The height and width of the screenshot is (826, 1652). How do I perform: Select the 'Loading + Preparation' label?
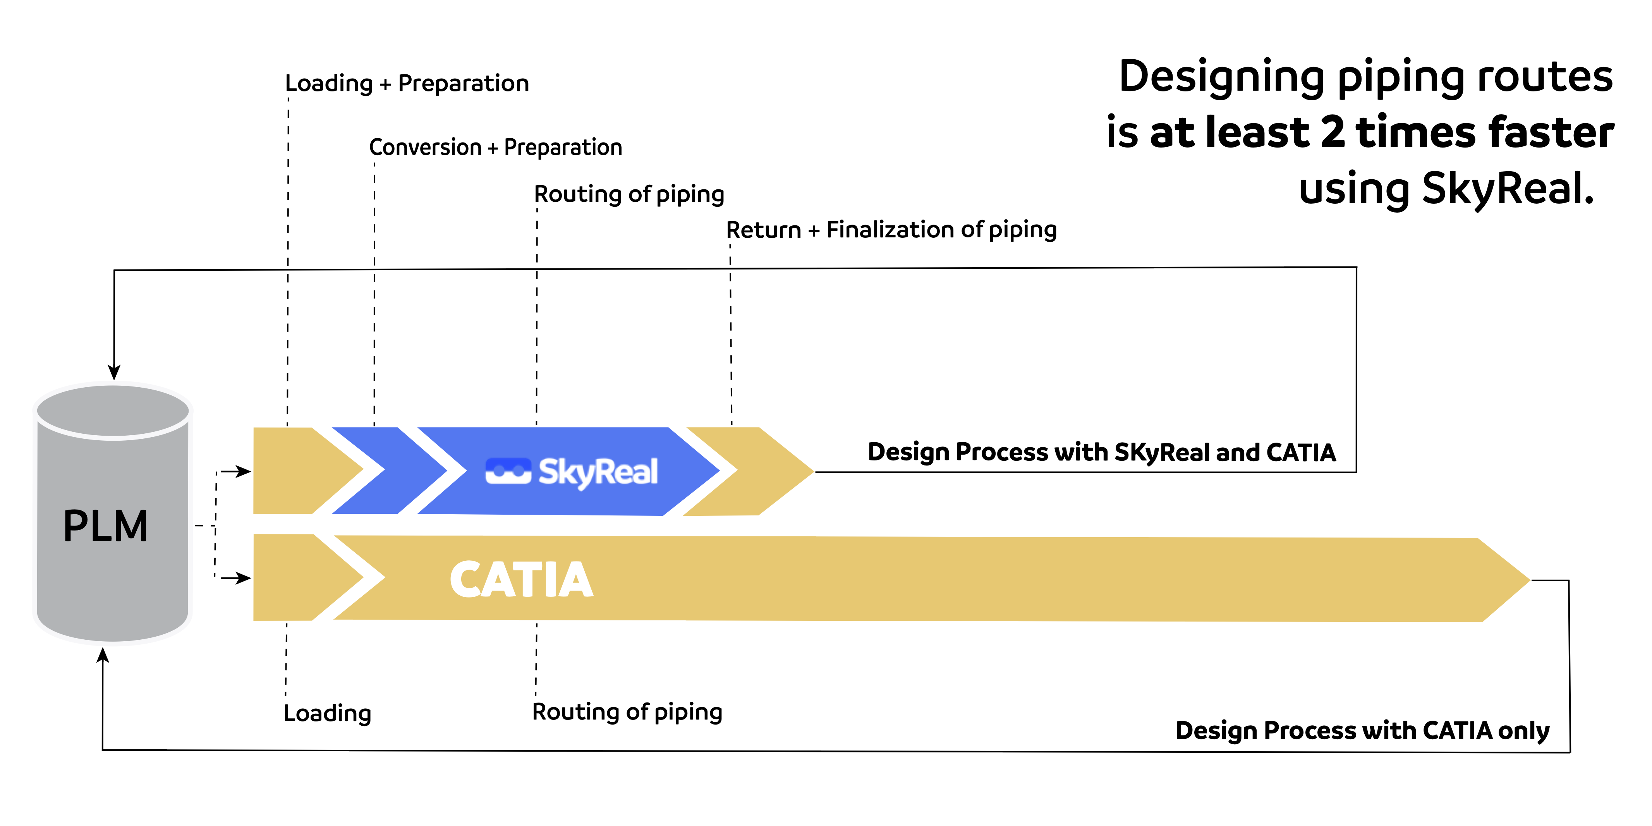(407, 83)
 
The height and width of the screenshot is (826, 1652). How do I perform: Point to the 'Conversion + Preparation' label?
(495, 148)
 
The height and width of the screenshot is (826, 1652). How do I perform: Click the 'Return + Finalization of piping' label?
(891, 230)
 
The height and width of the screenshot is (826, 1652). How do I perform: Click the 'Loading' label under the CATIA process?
(327, 713)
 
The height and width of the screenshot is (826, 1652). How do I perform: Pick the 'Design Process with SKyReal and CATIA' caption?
(1101, 452)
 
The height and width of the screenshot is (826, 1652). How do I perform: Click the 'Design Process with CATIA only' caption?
(1362, 730)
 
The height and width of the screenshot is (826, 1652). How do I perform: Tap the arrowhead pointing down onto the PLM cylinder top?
(114, 373)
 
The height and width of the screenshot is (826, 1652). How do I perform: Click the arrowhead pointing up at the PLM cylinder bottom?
(103, 655)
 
